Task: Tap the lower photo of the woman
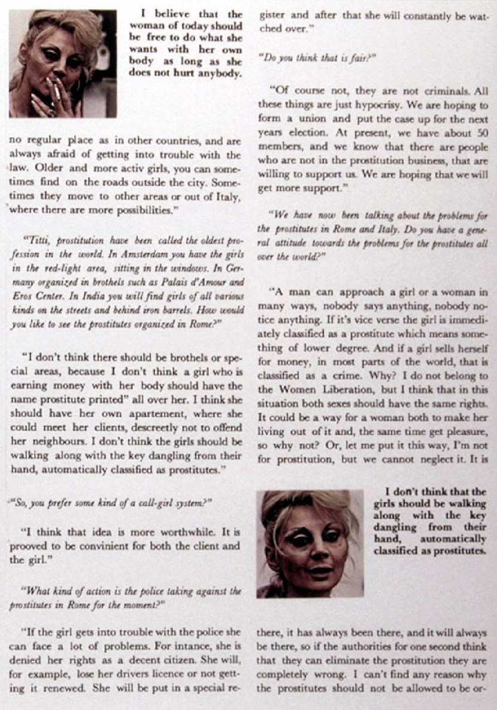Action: pos(309,543)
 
